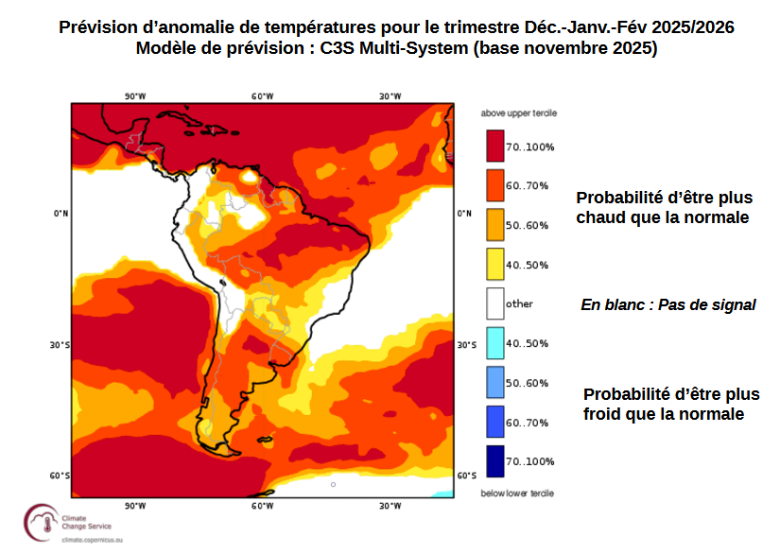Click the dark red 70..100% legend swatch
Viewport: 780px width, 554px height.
click(x=494, y=147)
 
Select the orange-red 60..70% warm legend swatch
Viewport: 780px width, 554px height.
click(x=494, y=185)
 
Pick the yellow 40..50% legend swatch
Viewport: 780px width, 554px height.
click(x=494, y=265)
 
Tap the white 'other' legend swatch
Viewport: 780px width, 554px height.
click(x=494, y=303)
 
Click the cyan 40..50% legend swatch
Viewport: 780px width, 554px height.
click(x=494, y=343)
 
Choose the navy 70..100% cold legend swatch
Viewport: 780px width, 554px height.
click(x=494, y=460)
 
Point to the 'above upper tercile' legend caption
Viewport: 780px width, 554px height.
click(x=518, y=113)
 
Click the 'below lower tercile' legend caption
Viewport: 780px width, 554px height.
click(x=517, y=493)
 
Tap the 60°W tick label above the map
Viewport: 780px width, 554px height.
click(x=262, y=95)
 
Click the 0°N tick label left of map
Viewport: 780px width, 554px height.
click(x=61, y=214)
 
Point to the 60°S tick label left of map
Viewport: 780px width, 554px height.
click(x=60, y=476)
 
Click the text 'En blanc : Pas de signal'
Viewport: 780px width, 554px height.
click(x=667, y=304)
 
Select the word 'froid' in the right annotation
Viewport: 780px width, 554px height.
click(x=607, y=414)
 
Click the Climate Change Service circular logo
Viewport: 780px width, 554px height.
click(x=41, y=522)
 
